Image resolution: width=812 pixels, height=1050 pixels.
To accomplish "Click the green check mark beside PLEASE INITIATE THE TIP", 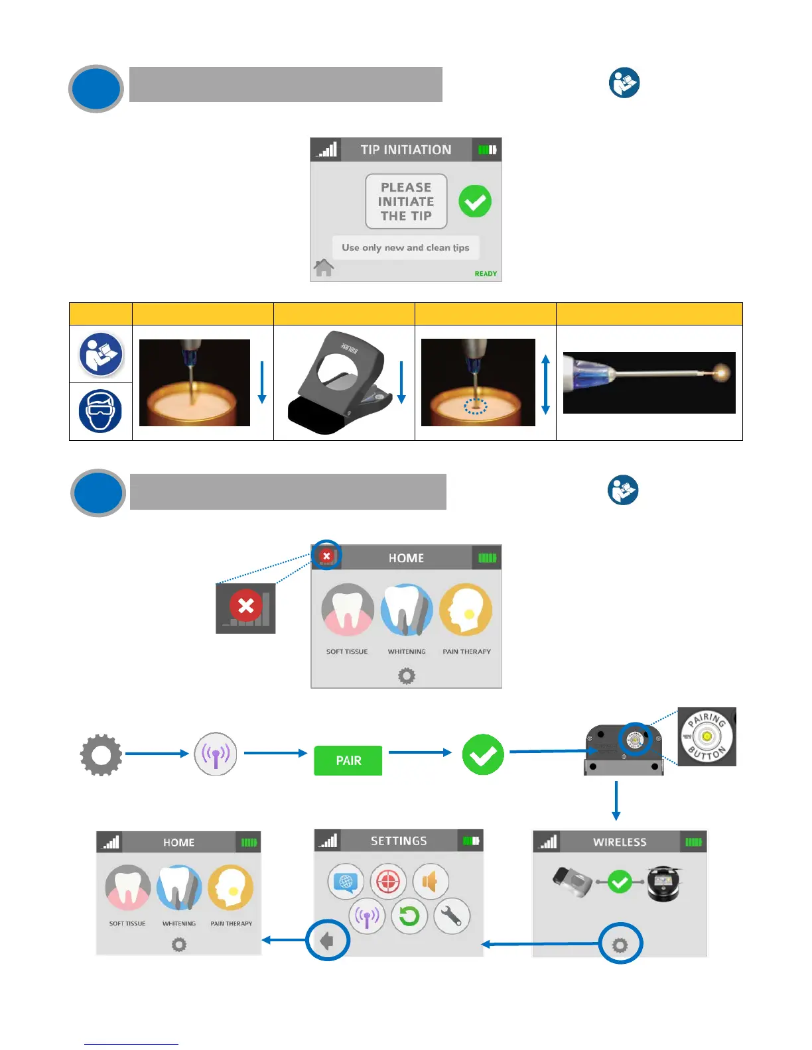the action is click(475, 201).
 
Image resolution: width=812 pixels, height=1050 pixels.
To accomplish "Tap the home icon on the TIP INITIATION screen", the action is click(324, 268).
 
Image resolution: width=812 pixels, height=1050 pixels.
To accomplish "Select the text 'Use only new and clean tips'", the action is click(405, 248).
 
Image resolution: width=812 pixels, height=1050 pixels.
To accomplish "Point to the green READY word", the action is click(486, 274).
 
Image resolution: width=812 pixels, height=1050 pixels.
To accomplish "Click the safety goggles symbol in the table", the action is click(100, 411).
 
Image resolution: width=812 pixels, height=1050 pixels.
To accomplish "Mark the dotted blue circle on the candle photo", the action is click(475, 406).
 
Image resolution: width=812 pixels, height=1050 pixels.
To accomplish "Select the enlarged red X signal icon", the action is click(245, 607).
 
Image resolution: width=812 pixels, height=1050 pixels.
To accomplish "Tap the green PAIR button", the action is click(348, 760).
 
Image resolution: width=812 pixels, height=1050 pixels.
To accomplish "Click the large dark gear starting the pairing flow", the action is click(101, 754).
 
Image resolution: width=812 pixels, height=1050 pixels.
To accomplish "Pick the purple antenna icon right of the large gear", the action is click(216, 754).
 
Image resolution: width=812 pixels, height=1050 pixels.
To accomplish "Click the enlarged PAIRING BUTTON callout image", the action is click(707, 736).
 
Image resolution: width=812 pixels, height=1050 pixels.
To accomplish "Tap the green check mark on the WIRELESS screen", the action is click(620, 882).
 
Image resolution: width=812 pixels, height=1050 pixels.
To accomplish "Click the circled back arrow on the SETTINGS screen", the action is click(327, 940).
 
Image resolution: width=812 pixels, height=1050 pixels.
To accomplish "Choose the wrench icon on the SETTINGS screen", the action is click(452, 916).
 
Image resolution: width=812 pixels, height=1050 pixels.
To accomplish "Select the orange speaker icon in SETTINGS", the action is click(431, 882).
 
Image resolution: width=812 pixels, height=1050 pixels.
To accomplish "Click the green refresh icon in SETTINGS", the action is click(409, 916).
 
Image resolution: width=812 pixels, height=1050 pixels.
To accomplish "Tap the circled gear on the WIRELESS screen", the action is click(620, 944).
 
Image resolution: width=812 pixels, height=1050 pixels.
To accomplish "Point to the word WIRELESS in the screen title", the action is click(620, 842).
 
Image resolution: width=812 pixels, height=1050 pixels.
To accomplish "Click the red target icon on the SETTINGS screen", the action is click(388, 882).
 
